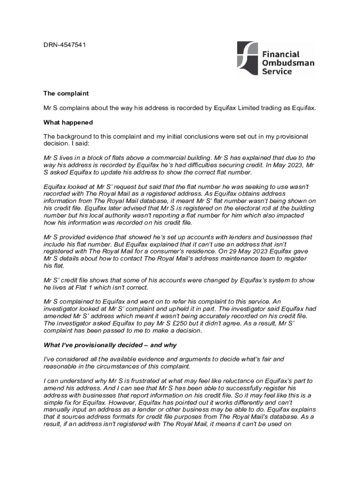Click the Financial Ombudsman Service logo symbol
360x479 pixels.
[247, 58]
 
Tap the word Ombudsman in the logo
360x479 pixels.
[288, 63]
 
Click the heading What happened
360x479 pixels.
[68, 123]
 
